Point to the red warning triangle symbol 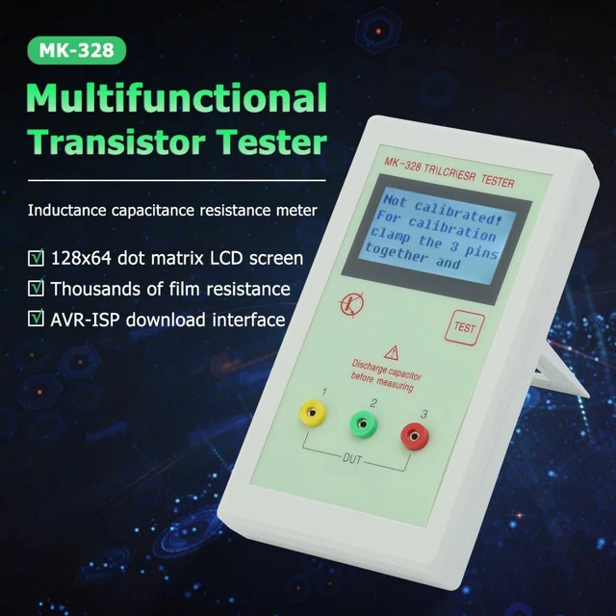coord(391,351)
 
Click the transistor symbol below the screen coord(349,305)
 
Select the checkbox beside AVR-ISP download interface coord(36,320)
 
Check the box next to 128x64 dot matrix coord(36,258)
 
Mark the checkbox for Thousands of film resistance coord(36,289)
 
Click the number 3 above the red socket coord(422,414)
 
